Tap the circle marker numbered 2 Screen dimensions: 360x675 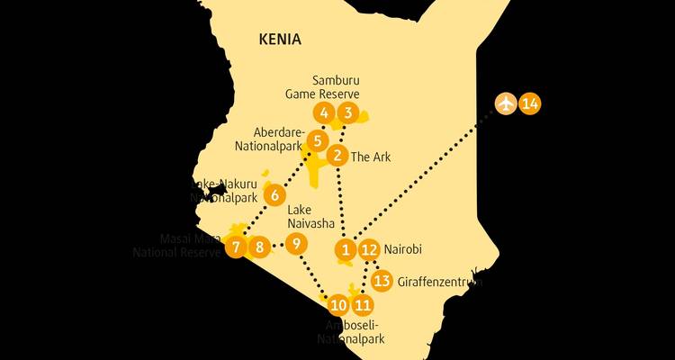[337, 156]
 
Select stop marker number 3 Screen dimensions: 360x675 [347, 113]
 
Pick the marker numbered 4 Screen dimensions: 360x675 [323, 113]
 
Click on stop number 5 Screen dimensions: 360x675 [317, 140]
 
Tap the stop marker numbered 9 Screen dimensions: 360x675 [297, 243]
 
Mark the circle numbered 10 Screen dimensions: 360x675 [337, 304]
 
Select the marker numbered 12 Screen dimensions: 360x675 [369, 249]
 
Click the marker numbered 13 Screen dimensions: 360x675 [382, 281]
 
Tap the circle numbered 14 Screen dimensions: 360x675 [530, 103]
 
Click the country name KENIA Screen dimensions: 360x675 [279, 40]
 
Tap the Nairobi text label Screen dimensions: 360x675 [403, 249]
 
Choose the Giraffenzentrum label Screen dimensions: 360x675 [439, 282]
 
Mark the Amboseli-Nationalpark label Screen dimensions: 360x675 [350, 332]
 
